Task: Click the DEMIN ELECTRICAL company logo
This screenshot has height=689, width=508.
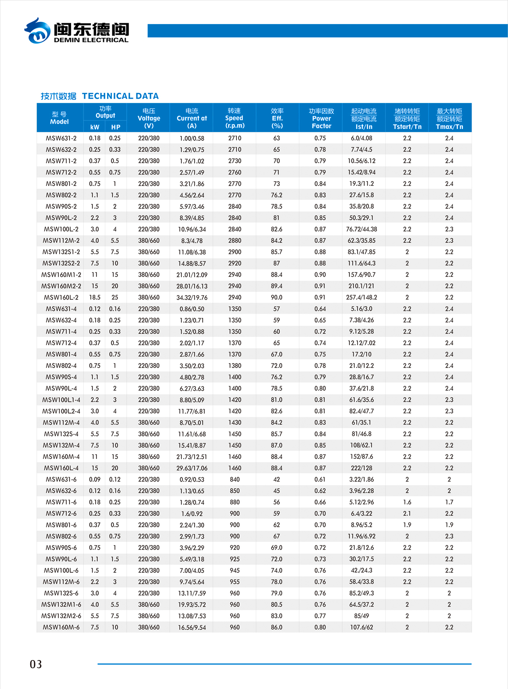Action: [x=77, y=31]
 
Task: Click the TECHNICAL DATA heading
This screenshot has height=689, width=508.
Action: [x=120, y=96]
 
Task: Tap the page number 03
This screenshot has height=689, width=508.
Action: [x=36, y=664]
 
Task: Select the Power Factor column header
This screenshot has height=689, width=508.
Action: [x=321, y=118]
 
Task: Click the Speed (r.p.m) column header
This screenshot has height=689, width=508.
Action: [x=234, y=118]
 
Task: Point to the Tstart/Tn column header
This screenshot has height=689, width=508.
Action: [x=407, y=119]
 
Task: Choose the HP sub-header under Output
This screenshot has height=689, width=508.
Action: [x=115, y=127]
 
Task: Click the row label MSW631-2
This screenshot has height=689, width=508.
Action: [x=61, y=138]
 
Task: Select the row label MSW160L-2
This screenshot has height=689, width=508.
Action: [x=61, y=297]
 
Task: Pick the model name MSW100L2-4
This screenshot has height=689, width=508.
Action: [x=61, y=411]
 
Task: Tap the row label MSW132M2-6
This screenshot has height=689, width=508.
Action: [x=61, y=616]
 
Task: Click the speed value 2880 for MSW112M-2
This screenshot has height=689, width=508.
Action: [x=235, y=241]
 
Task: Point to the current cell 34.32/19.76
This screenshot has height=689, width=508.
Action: [x=192, y=298]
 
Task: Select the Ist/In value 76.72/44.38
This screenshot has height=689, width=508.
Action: [x=361, y=229]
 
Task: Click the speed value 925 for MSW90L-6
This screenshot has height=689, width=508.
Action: [x=235, y=559]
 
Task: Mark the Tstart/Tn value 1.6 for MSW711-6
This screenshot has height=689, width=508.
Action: [x=407, y=502]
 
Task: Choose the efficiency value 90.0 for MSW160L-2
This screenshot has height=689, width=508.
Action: [x=276, y=297]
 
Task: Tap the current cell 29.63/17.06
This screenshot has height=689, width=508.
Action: [x=192, y=468]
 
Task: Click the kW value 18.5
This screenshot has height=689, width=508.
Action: [x=95, y=297]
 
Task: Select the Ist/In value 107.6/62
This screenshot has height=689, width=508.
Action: [x=361, y=627]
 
